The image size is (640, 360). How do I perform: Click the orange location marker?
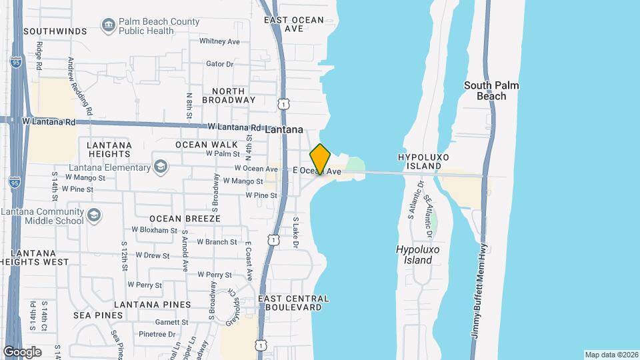321,159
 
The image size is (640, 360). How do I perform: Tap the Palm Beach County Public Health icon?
108,26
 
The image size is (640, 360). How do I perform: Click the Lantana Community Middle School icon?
94,215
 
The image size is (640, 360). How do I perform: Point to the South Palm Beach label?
491,91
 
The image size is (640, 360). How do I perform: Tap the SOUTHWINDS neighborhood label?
55,31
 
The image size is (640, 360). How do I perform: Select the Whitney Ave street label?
219,41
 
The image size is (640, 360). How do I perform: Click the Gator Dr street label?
220,64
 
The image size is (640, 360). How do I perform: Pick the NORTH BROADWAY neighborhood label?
233,95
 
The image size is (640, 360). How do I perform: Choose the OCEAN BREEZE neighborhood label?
185,218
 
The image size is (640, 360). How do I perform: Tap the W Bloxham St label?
154,230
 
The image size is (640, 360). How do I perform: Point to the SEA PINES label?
98,315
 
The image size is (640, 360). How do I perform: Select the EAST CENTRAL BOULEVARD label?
290,303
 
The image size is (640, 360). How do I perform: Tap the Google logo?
22,351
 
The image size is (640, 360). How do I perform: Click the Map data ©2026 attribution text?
611,355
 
